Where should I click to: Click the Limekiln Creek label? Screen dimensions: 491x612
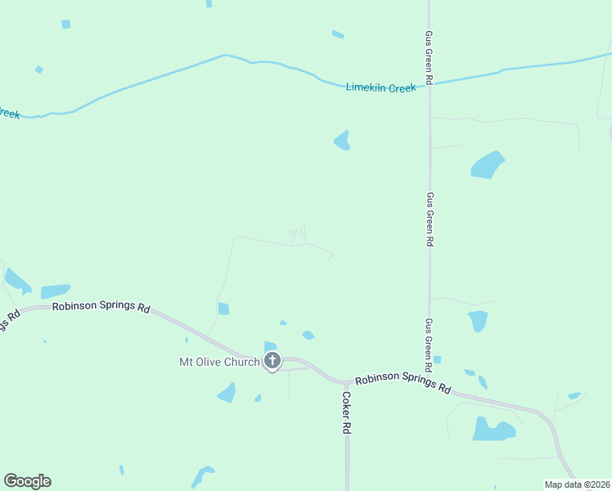coord(380,88)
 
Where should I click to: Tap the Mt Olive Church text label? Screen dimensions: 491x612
coord(219,362)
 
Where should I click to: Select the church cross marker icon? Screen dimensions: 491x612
coord(272,361)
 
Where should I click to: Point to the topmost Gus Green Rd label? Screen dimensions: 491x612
coord(429,58)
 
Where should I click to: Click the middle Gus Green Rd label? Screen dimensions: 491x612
coord(430,219)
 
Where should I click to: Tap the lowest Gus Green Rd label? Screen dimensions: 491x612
coord(428,341)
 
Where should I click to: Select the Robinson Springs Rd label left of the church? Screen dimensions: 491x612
coord(101,308)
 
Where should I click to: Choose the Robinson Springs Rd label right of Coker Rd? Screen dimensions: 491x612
coord(403,382)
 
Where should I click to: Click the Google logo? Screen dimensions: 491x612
coord(27,481)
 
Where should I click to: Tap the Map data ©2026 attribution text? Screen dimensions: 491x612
coord(577,484)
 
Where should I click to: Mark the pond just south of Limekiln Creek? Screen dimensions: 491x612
coord(342,142)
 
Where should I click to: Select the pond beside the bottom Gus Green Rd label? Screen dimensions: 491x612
coord(478,320)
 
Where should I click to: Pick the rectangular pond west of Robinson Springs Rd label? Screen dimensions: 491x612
coord(55,291)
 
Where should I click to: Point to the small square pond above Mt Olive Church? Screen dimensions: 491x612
coord(223,309)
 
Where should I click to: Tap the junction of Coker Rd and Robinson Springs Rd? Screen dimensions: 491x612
coord(347,383)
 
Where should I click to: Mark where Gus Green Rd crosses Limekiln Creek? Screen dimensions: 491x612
coord(430,84)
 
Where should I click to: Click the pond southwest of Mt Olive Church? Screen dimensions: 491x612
coord(227,394)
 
